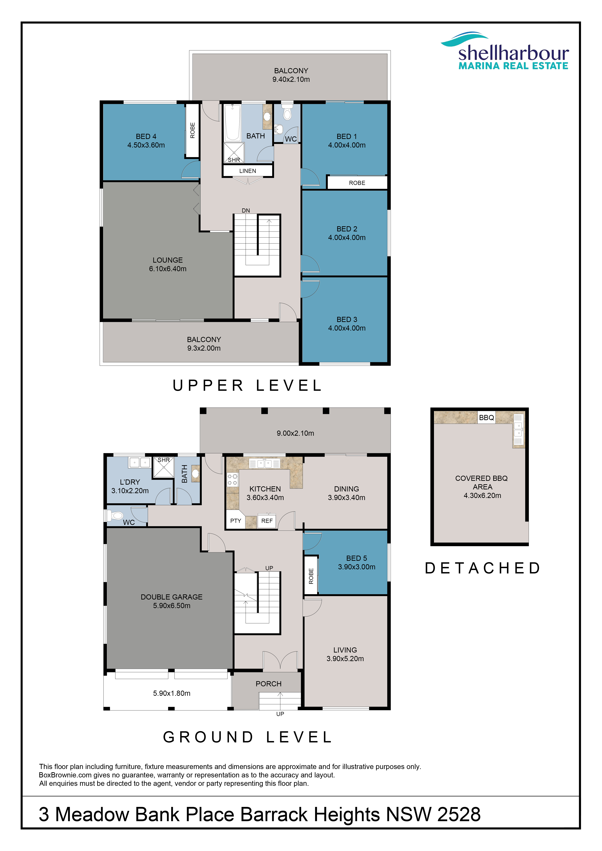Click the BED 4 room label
[x=146, y=136]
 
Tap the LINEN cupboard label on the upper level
[x=248, y=171]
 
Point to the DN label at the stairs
[x=246, y=210]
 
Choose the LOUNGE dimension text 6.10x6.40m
[x=167, y=269]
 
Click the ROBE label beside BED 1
[x=357, y=183]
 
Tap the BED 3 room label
[x=347, y=320]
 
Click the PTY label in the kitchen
[x=236, y=521]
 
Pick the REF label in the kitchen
[x=267, y=521]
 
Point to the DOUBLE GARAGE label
[x=172, y=597]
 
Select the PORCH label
[x=269, y=684]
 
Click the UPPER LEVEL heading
[x=248, y=386]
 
